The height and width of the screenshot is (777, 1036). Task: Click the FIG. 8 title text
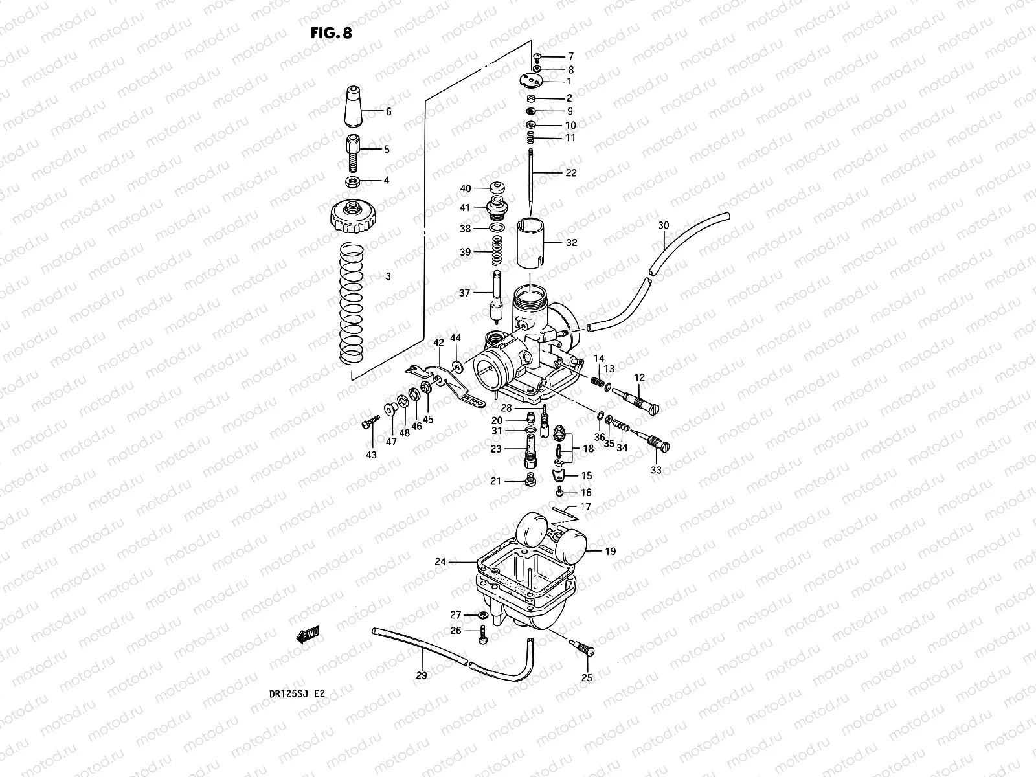(331, 34)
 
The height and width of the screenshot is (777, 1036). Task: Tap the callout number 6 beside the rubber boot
(388, 112)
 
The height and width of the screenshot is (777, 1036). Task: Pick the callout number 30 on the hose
(664, 225)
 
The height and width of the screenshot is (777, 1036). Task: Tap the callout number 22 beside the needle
(570, 173)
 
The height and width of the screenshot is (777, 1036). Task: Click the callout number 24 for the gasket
(440, 562)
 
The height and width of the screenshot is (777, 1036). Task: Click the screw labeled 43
(370, 423)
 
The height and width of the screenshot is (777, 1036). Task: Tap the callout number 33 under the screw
(656, 471)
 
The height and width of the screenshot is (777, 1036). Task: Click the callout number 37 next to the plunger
(464, 293)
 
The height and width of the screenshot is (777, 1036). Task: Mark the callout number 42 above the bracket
(439, 343)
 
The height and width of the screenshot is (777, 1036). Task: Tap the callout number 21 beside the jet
(496, 481)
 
